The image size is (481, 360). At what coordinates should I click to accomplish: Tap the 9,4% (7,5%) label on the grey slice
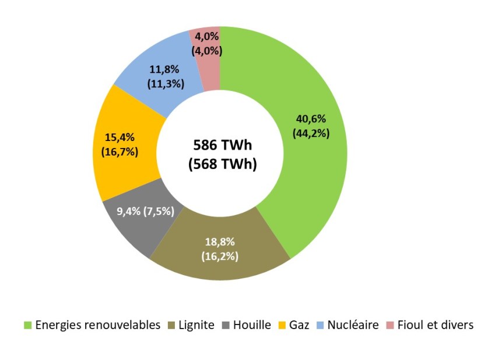(138, 211)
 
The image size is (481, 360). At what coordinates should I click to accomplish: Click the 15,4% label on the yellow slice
(119, 138)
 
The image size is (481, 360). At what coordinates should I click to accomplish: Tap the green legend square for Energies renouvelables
(27, 325)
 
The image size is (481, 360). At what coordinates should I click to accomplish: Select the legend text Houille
(252, 325)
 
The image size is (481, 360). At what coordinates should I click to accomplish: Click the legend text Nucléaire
(353, 325)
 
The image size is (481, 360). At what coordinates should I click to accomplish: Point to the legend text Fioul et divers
(435, 325)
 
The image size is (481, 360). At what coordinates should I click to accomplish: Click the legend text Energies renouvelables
(97, 325)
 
